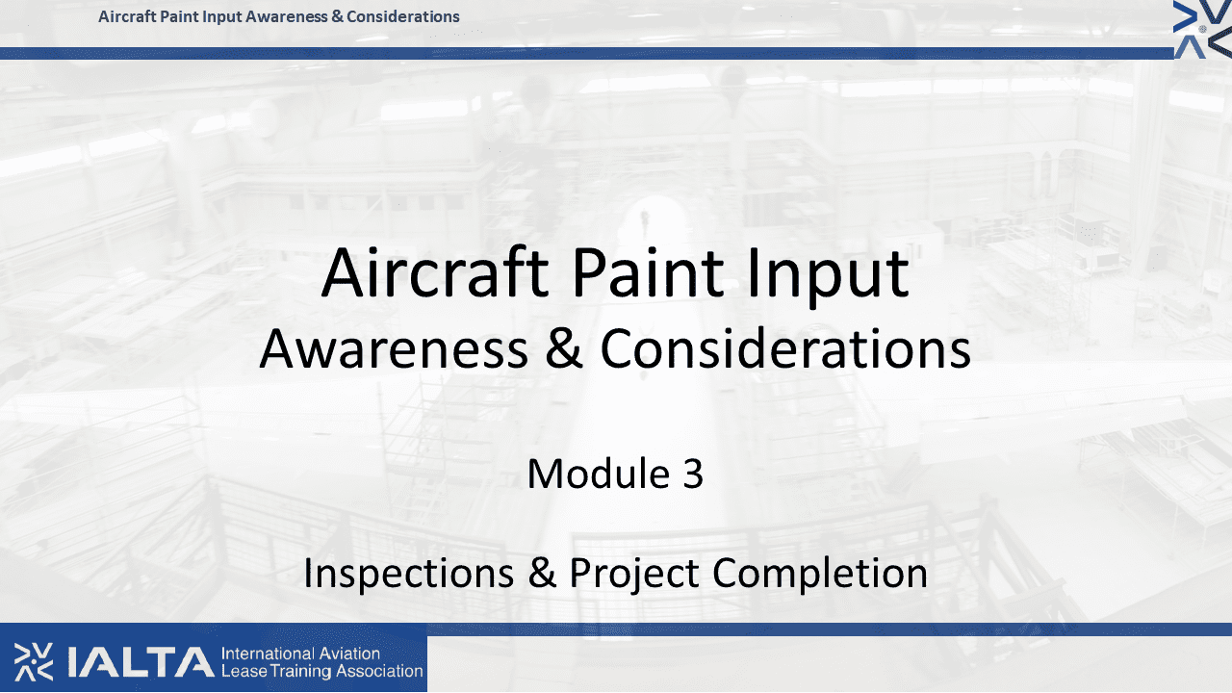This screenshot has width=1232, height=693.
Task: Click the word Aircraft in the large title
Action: pyautogui.click(x=434, y=272)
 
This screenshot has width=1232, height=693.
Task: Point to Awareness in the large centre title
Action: pyautogui.click(x=394, y=348)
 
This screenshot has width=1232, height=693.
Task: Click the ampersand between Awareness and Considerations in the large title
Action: pyautogui.click(x=564, y=348)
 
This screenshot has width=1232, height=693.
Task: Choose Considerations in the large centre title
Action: pyautogui.click(x=785, y=348)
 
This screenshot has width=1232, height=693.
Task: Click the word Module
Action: pyautogui.click(x=598, y=473)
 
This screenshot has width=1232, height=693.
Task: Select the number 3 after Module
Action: pyautogui.click(x=693, y=474)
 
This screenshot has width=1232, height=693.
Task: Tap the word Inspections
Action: pyautogui.click(x=409, y=574)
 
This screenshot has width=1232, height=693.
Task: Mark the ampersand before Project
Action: pyautogui.click(x=542, y=573)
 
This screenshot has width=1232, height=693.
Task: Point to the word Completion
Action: pyautogui.click(x=819, y=575)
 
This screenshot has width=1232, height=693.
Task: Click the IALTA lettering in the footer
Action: pyautogui.click(x=141, y=662)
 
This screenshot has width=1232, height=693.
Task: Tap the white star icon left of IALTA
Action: pyautogui.click(x=34, y=661)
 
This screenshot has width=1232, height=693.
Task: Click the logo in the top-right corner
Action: pyautogui.click(x=1202, y=29)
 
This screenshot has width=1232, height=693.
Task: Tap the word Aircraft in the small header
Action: pyautogui.click(x=128, y=16)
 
